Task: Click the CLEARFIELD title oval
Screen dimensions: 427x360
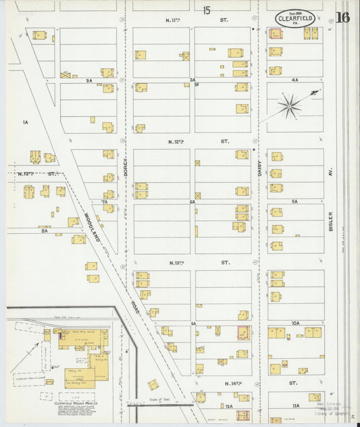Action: coord(295,18)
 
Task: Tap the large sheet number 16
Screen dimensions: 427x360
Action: coord(342,18)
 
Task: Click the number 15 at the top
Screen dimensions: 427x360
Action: coord(206,9)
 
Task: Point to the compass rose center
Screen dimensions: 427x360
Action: coord(290,105)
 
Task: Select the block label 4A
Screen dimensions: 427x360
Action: coord(294,80)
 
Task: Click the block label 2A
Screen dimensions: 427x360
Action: coord(88,80)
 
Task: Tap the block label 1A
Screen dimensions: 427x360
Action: coord(25,122)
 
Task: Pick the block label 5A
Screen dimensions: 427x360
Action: coord(294,201)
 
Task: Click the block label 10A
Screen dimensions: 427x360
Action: coord(295,324)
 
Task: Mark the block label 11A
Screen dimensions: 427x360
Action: coord(295,405)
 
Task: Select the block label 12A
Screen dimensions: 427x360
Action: coord(229,406)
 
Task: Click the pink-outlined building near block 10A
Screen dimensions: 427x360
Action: coord(242,332)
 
